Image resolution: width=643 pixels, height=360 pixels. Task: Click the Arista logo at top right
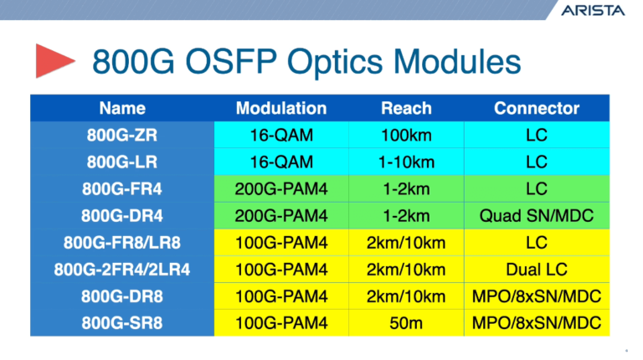click(x=593, y=13)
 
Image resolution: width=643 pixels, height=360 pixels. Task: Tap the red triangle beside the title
click(x=54, y=62)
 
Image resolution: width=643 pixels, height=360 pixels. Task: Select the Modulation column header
click(x=281, y=108)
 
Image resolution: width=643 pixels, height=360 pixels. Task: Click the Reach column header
click(x=406, y=108)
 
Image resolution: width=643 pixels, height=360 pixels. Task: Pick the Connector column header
click(x=537, y=108)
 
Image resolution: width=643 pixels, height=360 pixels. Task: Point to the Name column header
click(x=122, y=108)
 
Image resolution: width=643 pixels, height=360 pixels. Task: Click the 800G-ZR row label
click(x=122, y=134)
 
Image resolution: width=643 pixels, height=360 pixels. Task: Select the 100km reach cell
click(x=406, y=134)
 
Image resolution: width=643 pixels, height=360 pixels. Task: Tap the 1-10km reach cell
click(x=406, y=161)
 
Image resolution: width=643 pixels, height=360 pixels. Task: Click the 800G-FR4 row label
click(x=122, y=188)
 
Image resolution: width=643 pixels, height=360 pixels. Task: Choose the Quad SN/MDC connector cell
click(x=537, y=215)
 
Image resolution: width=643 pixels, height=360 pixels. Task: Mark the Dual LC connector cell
click(x=537, y=270)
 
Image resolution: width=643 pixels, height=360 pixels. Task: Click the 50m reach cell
click(x=406, y=323)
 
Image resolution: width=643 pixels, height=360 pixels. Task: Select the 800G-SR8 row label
click(x=122, y=323)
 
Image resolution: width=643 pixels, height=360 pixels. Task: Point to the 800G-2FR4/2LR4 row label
click(x=122, y=270)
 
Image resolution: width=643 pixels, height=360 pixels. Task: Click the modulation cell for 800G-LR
click(x=281, y=161)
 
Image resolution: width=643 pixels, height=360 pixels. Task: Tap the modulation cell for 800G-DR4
click(x=281, y=215)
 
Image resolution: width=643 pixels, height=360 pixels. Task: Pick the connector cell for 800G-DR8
click(x=537, y=296)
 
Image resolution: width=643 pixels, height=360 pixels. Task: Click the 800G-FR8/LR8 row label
click(x=122, y=243)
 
